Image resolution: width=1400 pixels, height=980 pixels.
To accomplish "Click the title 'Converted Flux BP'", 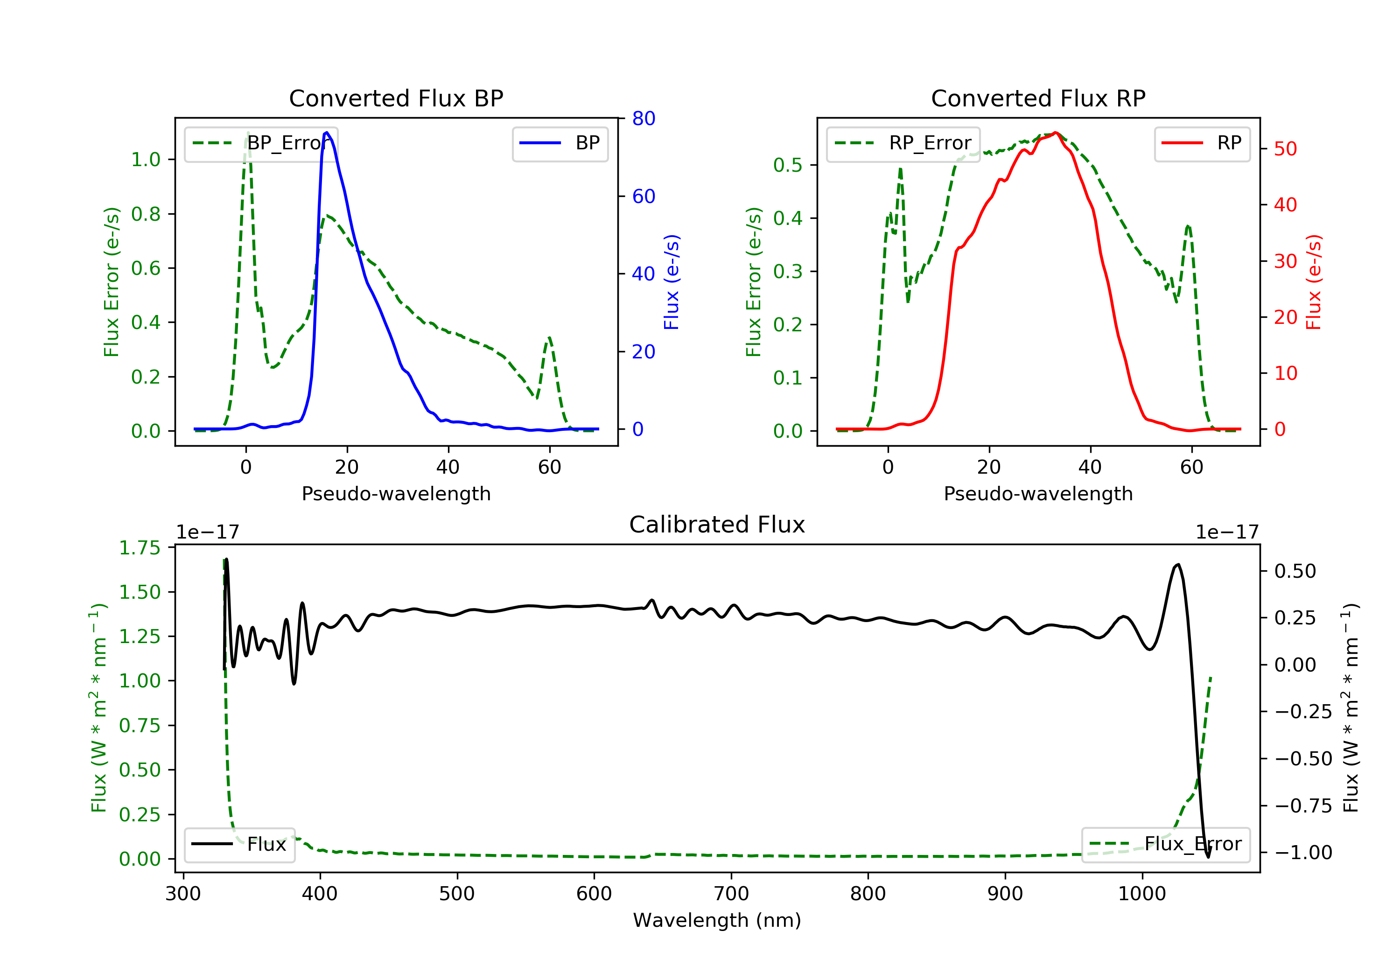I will tap(396, 98).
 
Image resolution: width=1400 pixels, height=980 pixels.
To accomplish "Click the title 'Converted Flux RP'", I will tap(1038, 98).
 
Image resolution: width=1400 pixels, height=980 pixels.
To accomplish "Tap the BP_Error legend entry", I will tap(261, 143).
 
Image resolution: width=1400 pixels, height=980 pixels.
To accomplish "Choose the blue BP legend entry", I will tap(560, 143).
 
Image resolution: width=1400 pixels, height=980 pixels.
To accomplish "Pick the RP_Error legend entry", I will tap(903, 143).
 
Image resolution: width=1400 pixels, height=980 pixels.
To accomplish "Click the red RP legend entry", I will tap(1202, 143).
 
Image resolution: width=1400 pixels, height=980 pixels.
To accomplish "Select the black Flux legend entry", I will tap(239, 844).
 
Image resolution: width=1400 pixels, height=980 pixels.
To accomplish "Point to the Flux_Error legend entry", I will tap(1165, 844).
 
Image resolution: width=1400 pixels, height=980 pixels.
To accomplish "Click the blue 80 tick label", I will tap(643, 119).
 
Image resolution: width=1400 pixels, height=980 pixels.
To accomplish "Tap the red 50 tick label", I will tap(1285, 149).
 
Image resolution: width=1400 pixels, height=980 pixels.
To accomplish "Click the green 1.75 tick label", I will tap(140, 547).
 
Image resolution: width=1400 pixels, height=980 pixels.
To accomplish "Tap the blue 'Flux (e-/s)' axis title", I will tap(672, 282).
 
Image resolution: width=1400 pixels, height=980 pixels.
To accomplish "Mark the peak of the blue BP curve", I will tap(327, 133).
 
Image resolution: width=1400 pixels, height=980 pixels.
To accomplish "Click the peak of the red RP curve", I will tap(1056, 133).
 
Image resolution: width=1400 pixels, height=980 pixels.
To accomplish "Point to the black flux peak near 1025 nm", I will tap(1177, 565).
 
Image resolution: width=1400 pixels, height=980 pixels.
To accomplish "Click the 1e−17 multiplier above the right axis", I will tap(1227, 532).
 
